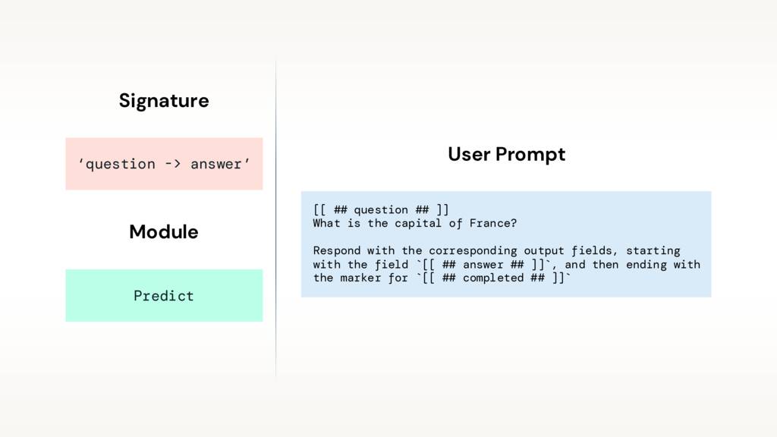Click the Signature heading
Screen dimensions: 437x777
(163, 100)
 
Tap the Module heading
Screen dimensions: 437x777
(163, 231)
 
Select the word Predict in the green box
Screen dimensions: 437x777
(163, 296)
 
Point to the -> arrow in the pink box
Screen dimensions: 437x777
(173, 164)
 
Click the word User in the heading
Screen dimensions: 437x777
(469, 155)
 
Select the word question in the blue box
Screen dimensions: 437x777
(381, 209)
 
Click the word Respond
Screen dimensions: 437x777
(336, 250)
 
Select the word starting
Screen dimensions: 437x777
(653, 250)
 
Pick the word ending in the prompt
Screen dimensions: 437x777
(650, 265)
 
